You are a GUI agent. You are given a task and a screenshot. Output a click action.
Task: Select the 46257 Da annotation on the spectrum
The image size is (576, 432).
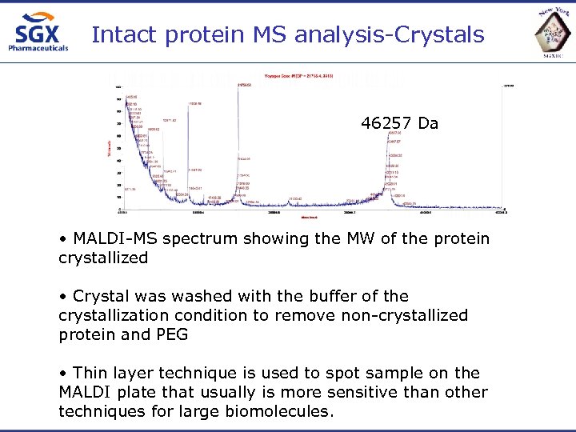pos(399,123)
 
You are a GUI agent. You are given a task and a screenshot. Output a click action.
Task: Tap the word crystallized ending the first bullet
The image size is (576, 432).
pos(103,258)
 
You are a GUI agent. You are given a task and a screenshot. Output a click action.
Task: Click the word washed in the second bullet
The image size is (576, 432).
pos(187,297)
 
